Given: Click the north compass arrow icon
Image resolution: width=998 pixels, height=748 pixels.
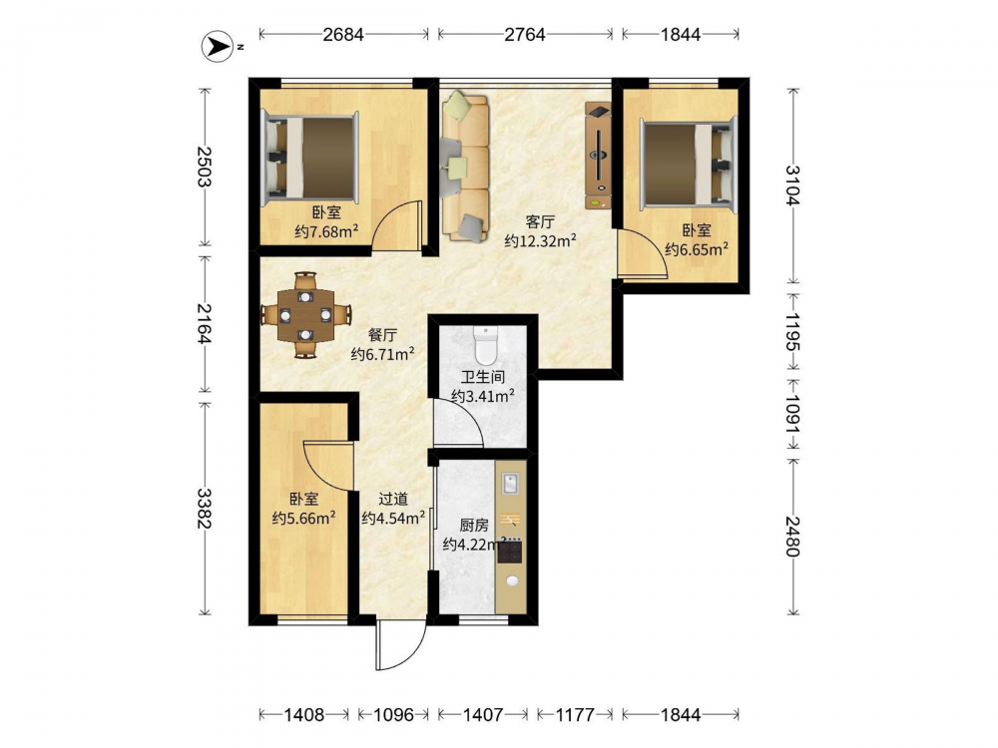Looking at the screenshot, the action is click(x=217, y=47).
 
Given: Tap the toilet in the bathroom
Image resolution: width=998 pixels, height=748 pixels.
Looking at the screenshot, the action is click(x=485, y=343).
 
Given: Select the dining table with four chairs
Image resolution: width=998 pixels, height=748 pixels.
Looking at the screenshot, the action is click(x=306, y=315).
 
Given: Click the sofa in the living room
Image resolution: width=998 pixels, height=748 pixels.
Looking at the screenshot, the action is click(x=465, y=167).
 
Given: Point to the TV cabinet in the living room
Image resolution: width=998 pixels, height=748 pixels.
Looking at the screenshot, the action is click(x=598, y=156).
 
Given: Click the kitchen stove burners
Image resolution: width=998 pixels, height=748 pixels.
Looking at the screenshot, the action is click(x=510, y=551).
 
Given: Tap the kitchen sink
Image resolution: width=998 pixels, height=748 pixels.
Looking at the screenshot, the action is click(x=510, y=484).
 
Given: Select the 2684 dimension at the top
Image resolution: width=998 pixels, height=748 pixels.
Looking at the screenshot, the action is click(x=343, y=34).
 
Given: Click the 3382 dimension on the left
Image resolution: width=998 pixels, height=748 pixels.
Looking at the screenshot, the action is click(x=205, y=509).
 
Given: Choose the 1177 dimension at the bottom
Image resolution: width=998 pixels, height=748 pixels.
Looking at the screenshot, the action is click(x=575, y=715).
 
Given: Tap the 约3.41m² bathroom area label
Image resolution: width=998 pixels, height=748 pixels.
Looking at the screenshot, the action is click(x=483, y=396).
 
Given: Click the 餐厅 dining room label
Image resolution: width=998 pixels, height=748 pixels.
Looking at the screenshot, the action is click(x=384, y=335).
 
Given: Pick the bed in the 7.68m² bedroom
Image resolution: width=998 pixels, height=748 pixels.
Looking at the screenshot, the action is click(x=310, y=157).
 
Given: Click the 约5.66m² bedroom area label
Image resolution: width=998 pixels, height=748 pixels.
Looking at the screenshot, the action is click(x=304, y=519).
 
